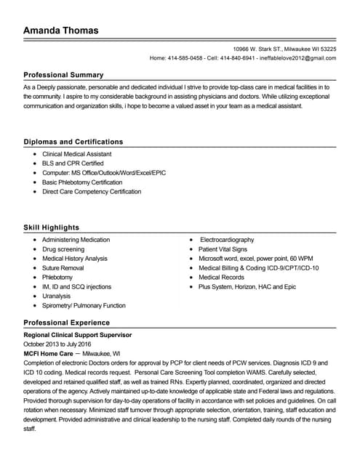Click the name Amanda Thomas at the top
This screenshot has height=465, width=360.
tap(60, 31)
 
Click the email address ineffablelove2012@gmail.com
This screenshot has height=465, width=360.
tap(297, 58)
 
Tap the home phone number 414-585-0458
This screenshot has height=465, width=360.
tap(185, 58)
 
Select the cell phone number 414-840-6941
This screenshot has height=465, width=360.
tap(237, 58)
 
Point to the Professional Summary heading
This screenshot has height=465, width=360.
tap(63, 75)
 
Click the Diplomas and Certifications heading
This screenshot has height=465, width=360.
tap(73, 142)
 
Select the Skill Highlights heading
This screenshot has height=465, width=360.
tap(51, 227)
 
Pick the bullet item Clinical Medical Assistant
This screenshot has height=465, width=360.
tap(76, 155)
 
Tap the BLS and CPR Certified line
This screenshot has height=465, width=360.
tap(73, 164)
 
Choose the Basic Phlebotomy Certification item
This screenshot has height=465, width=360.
tap(81, 182)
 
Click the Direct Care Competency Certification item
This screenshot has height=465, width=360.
tap(92, 192)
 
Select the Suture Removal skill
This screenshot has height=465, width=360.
tap(63, 268)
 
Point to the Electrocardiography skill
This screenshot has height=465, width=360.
tap(227, 240)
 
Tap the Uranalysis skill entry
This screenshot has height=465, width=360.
tap(56, 296)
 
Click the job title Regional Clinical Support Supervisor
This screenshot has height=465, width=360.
tap(78, 335)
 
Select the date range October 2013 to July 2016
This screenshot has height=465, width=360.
tap(57, 344)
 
